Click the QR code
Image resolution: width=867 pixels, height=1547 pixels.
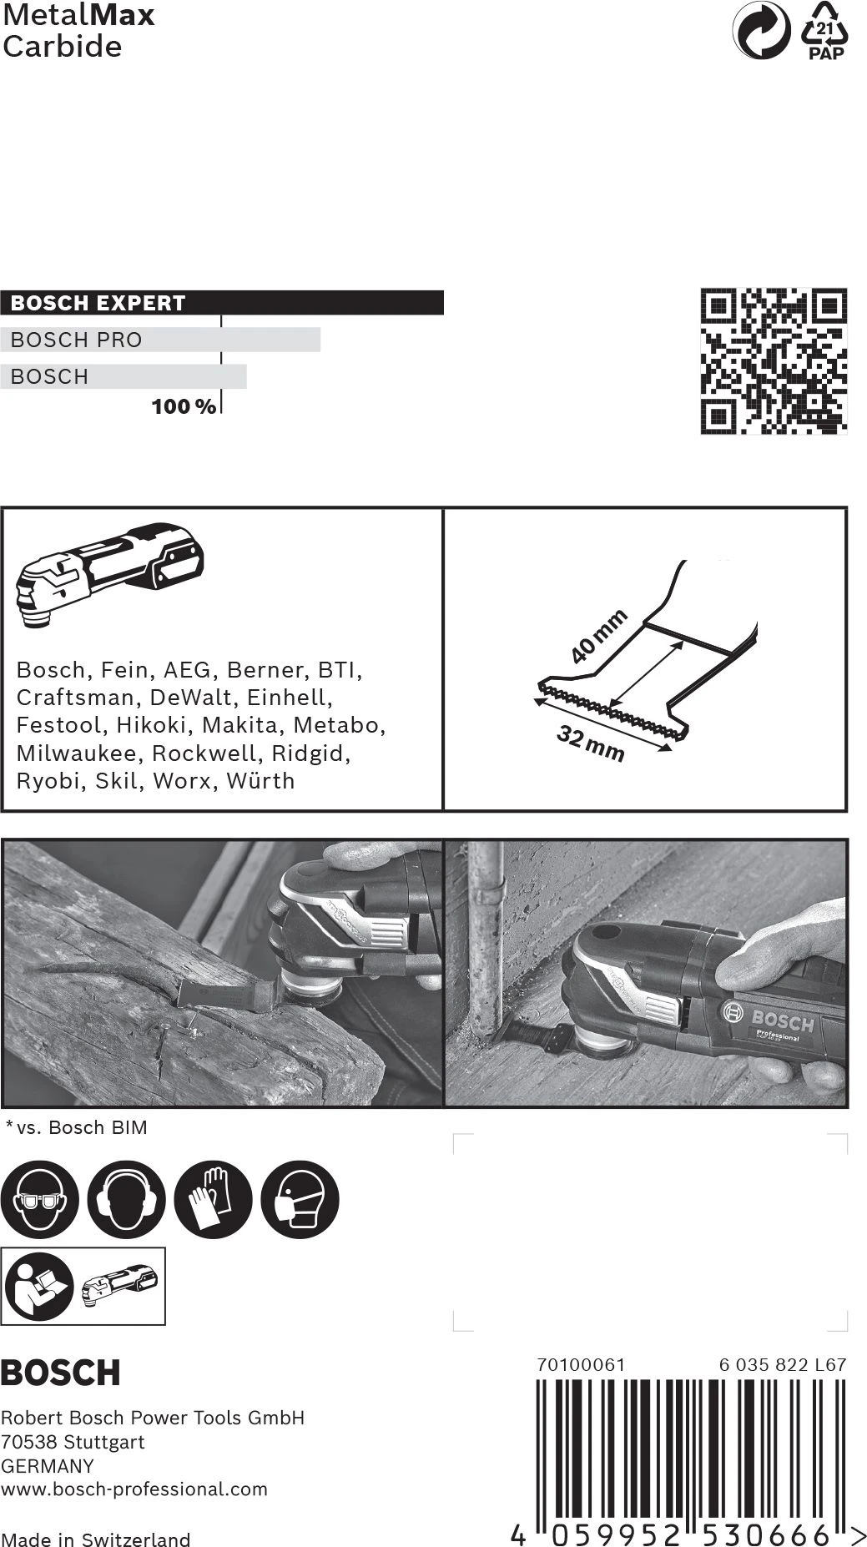774,360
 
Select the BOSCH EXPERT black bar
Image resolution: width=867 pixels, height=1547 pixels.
221,302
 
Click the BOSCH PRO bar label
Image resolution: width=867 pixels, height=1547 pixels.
77,340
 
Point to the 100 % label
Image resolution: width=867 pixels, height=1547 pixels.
184,407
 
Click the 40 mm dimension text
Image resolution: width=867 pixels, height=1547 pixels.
598,636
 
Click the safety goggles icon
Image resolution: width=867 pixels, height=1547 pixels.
39,1200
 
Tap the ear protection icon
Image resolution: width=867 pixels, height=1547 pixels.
126,1200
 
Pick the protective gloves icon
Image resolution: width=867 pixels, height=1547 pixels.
213,1200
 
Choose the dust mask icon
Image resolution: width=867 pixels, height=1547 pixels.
300,1200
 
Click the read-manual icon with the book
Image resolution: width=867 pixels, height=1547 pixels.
38,1286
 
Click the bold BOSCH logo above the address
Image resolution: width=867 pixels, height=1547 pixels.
60,1373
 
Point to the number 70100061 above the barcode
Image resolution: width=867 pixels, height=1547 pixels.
581,1364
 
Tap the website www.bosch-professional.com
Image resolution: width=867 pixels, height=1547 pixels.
134,1489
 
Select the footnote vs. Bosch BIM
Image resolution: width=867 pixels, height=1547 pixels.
77,1127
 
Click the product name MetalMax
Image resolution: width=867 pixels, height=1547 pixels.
78,15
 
